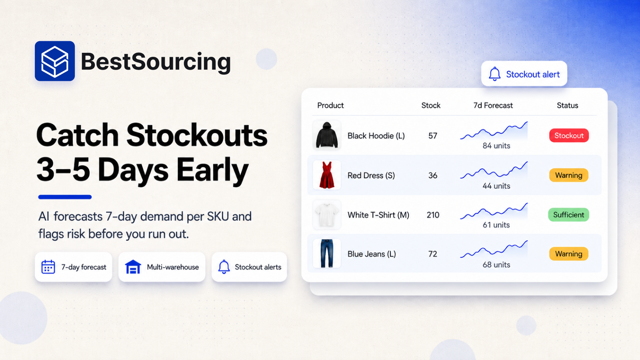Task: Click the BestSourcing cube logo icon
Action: click(x=55, y=61)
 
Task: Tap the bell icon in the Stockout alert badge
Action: click(x=494, y=74)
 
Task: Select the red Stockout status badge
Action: click(x=569, y=136)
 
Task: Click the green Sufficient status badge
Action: click(x=568, y=214)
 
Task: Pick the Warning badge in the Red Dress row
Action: click(x=568, y=175)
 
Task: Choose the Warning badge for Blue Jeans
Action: click(x=568, y=254)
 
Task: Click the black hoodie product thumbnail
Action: click(x=327, y=135)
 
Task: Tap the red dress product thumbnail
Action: click(x=327, y=175)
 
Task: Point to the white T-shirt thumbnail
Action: click(x=327, y=214)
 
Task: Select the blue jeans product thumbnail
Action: click(x=327, y=254)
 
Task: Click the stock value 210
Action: click(x=433, y=215)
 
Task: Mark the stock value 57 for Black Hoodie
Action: click(x=432, y=136)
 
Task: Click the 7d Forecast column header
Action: click(x=493, y=106)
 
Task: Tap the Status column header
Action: click(x=568, y=106)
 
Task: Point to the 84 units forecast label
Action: click(x=496, y=146)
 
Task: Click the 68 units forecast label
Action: click(x=496, y=264)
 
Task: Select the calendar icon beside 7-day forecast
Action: click(x=48, y=267)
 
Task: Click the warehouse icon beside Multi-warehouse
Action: click(x=133, y=267)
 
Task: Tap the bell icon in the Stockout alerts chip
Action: click(x=224, y=267)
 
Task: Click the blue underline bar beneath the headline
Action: click(x=65, y=197)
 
